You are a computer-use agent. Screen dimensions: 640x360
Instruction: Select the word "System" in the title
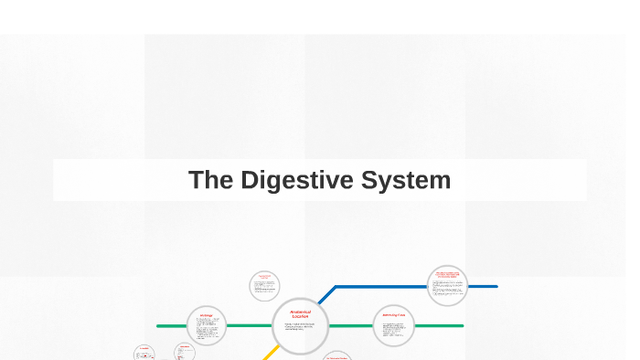click(405, 180)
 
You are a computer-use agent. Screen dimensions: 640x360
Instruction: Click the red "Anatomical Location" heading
click(300, 313)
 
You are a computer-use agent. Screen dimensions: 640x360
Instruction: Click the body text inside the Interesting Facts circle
click(395, 330)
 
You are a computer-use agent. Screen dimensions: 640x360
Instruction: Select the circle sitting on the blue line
click(447, 286)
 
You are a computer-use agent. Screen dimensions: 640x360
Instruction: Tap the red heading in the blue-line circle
click(447, 274)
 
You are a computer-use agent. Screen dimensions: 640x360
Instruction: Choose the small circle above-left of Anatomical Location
click(264, 286)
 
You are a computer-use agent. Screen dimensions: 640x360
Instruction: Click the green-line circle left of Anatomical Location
click(207, 325)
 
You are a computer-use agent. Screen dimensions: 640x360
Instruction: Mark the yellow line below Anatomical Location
click(271, 352)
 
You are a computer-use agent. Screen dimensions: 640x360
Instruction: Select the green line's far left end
click(160, 325)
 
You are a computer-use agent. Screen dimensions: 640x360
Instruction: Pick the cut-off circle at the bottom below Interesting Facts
click(336, 356)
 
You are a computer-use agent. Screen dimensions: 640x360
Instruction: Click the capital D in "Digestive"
click(250, 180)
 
